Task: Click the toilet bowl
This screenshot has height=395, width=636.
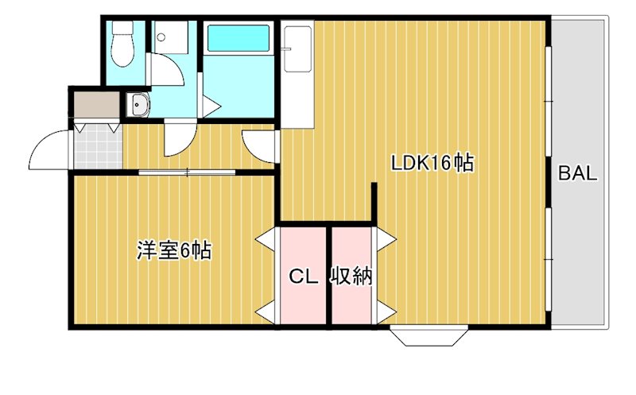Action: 122,48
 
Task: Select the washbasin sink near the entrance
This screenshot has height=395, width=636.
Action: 138,104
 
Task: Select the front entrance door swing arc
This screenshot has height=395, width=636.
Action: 49,150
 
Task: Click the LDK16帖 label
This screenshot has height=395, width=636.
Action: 432,164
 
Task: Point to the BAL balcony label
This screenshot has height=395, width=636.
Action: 576,175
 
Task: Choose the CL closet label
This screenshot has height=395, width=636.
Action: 303,277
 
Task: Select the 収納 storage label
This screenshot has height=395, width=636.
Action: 351,277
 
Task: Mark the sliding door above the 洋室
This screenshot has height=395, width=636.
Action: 188,172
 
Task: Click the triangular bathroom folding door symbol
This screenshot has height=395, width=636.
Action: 211,106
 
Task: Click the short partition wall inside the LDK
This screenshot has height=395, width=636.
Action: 374,203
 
